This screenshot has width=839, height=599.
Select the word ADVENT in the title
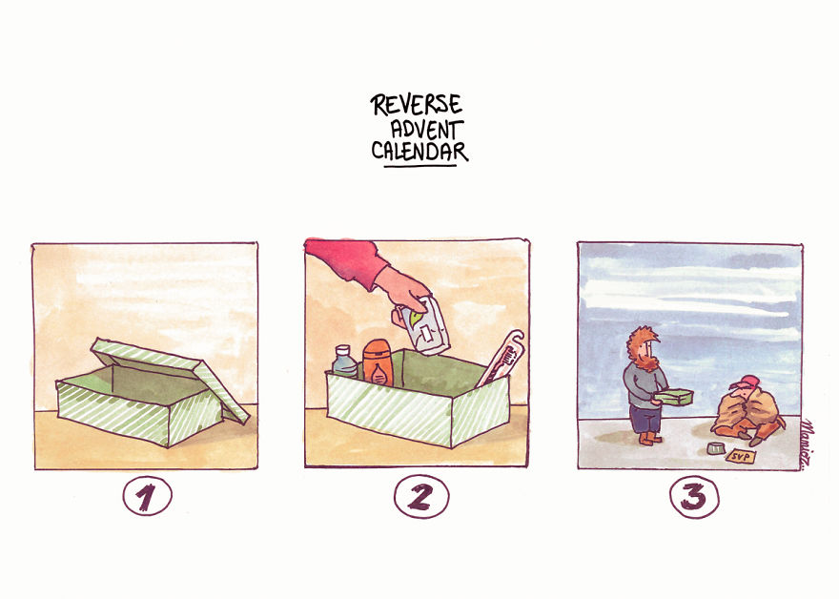pyautogui.click(x=426, y=128)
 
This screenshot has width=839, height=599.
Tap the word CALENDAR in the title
pyautogui.click(x=419, y=151)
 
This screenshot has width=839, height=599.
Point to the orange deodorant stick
pyautogui.click(x=375, y=363)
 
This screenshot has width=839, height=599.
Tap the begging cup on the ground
pyautogui.click(x=713, y=448)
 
